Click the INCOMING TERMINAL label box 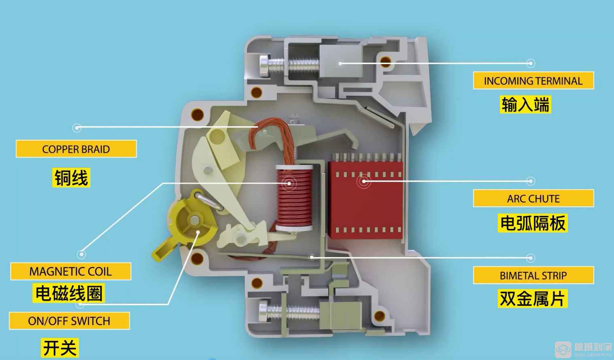click(x=533, y=80)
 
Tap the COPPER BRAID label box click(x=76, y=149)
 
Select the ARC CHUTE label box click(x=533, y=198)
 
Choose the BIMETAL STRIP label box click(x=533, y=275)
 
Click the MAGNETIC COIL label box click(x=70, y=271)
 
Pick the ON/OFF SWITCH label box click(x=69, y=321)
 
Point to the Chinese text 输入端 click(x=525, y=104)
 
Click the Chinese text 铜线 click(x=71, y=178)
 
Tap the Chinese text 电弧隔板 click(x=532, y=223)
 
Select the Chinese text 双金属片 click(x=532, y=299)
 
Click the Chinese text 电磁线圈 click(x=69, y=293)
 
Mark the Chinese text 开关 click(x=60, y=347)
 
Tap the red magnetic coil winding click(x=295, y=198)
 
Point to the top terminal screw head click(x=263, y=66)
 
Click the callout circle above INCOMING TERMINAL click(x=531, y=63)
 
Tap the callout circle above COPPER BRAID click(x=77, y=128)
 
